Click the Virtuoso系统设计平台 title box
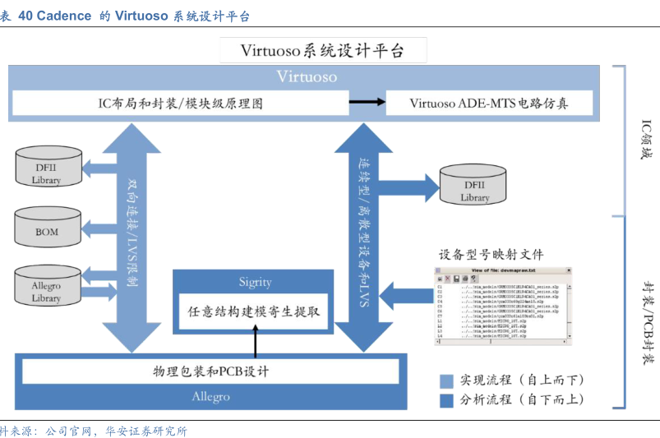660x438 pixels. coord(323,50)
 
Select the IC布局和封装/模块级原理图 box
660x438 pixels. coord(180,104)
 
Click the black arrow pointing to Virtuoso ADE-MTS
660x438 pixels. coord(367,103)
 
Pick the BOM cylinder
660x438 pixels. coord(47,229)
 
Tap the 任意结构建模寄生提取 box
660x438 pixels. coord(254,312)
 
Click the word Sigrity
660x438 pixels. coord(255,282)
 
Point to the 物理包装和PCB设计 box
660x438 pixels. coord(211,371)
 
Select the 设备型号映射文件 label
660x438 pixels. coord(491,254)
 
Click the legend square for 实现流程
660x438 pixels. coord(446,380)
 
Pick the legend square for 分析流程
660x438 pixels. coord(446,400)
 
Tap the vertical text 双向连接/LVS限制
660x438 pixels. coord(132,231)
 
